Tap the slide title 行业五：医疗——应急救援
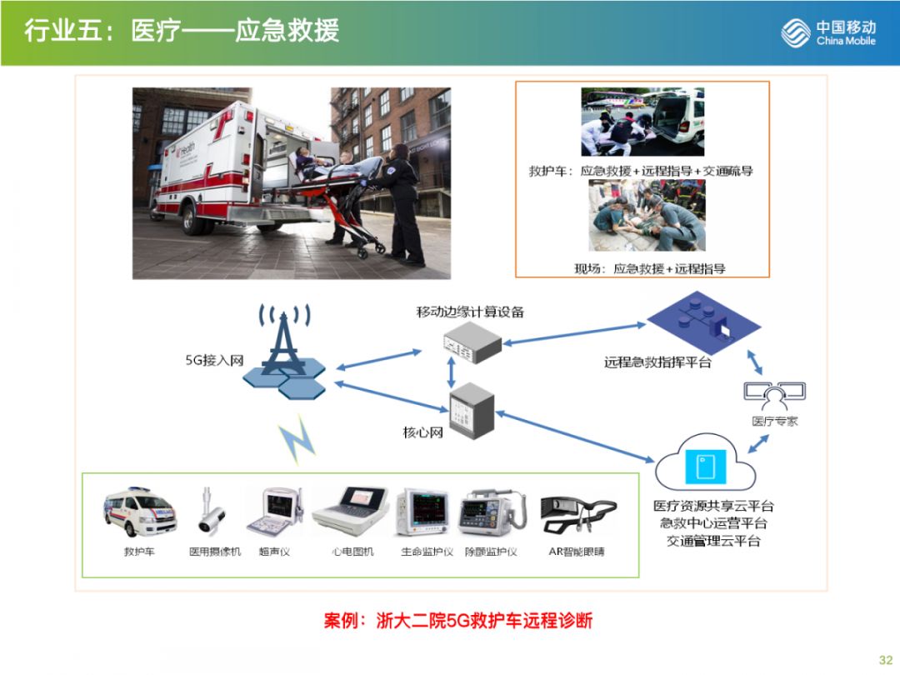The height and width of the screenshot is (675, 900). [181, 32]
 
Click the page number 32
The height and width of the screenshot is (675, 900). [885, 657]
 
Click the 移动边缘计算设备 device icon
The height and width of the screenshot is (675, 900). [472, 342]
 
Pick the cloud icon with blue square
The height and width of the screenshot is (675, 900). [705, 463]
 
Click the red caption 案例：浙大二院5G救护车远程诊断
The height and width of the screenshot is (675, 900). [457, 621]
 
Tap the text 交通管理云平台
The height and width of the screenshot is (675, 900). [713, 542]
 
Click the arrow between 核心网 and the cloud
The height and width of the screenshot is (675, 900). [575, 432]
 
